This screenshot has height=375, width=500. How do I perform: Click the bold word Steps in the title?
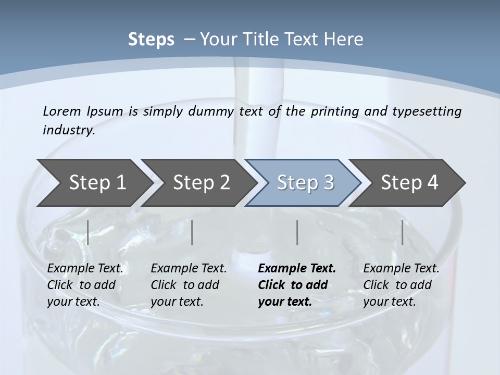pos(151,40)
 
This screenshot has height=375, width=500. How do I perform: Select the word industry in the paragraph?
pos(69,130)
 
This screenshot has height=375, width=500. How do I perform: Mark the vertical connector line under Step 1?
pos(88,232)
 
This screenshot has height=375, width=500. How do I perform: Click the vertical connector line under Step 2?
pos(192,232)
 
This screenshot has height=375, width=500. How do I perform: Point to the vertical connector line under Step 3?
pos(297,232)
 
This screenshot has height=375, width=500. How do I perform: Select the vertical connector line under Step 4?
pos(402,232)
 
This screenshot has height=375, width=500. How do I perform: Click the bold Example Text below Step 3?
pos(297,269)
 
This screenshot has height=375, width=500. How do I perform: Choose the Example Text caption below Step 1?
pos(85,269)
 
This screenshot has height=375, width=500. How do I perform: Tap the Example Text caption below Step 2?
pos(189,269)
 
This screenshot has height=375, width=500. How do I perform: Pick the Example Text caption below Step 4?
pos(401,269)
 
